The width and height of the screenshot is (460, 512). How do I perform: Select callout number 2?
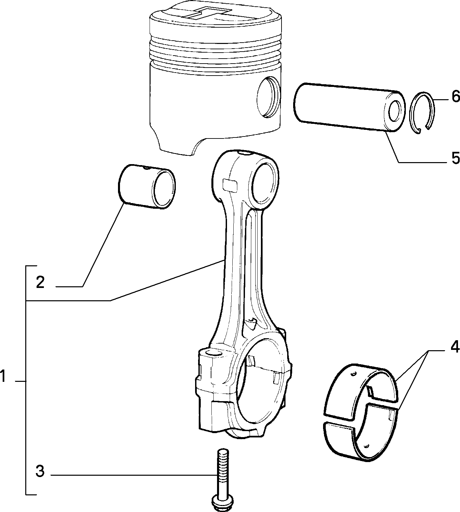[x=40, y=282]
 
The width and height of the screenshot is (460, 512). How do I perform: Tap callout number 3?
[x=40, y=471]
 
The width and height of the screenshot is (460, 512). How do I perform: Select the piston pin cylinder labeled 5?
[x=349, y=108]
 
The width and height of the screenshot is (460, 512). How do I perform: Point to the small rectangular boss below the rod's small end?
[x=230, y=185]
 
